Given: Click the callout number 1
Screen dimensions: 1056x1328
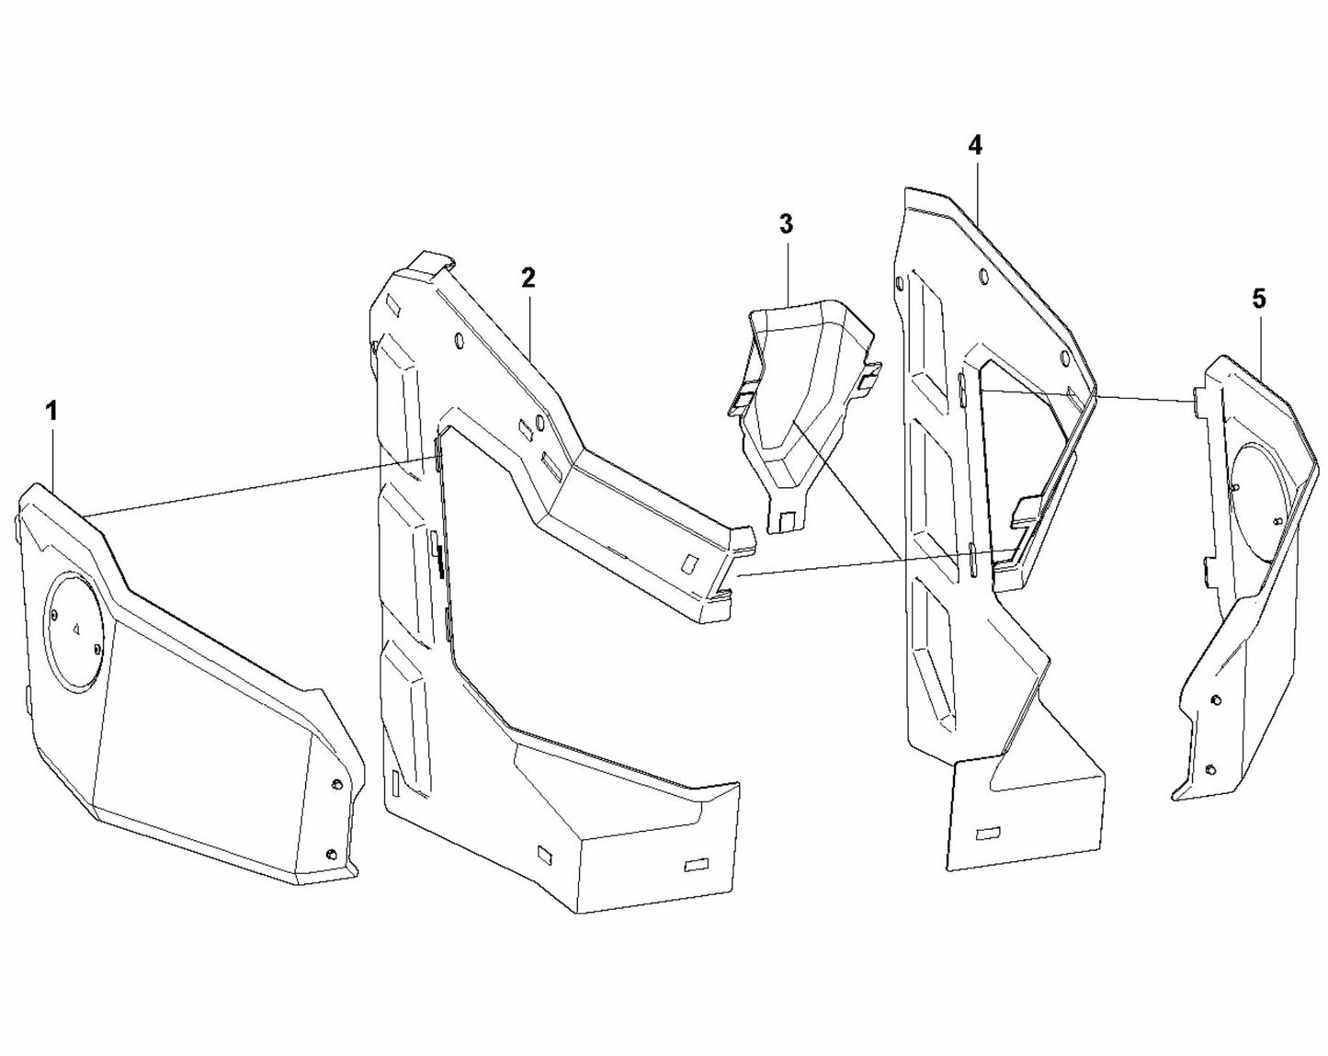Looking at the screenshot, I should click(52, 411).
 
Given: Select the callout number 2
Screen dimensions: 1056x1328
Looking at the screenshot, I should click(528, 278).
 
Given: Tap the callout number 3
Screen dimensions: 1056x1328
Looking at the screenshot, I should click(785, 223).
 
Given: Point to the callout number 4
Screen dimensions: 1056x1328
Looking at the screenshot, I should click(975, 144).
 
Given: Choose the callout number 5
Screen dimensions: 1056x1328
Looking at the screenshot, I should click(1258, 298).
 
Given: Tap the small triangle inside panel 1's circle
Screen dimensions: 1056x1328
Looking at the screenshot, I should click(76, 630).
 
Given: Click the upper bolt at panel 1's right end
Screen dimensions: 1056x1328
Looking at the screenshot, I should click(337, 783).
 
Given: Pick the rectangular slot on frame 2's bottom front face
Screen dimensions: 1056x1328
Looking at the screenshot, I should click(698, 865).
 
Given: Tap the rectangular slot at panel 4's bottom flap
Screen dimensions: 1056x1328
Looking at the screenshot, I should click(989, 833).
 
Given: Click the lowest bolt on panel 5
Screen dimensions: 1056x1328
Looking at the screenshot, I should click(1210, 768).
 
